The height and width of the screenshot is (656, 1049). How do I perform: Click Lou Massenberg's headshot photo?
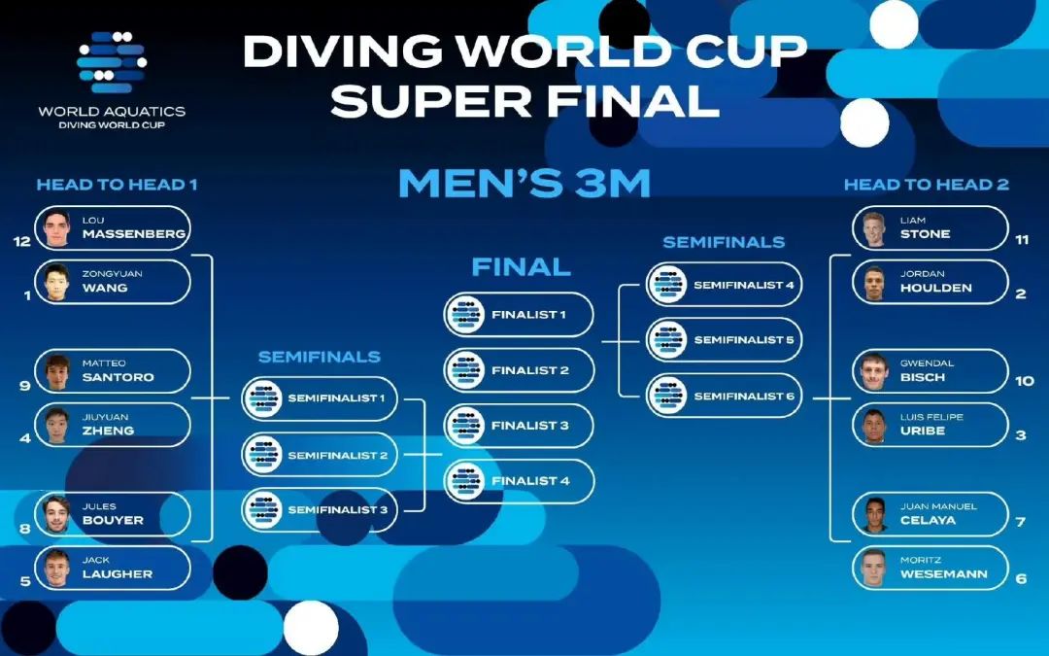(x=57, y=228)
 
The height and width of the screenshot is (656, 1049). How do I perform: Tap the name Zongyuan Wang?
(x=112, y=282)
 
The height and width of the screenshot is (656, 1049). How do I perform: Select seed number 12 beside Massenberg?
(x=22, y=242)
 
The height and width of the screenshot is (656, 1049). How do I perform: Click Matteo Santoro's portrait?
(x=57, y=371)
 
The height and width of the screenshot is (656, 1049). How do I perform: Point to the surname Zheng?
(x=109, y=432)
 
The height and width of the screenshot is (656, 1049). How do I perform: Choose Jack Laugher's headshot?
(x=57, y=569)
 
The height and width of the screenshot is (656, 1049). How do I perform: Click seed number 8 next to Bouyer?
(x=24, y=529)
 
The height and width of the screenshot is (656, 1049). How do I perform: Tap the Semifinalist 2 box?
(x=320, y=455)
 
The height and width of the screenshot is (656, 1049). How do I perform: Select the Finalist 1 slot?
(x=519, y=315)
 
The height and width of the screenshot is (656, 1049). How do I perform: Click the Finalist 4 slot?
(x=519, y=481)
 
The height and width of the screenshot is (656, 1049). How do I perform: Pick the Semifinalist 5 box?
(x=724, y=340)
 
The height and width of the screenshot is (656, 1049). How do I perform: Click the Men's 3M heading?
(x=524, y=184)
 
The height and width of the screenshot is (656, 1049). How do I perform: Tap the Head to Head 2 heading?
(x=927, y=185)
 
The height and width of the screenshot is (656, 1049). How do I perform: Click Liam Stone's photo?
(x=874, y=228)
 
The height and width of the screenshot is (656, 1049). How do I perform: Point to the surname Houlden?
(x=935, y=289)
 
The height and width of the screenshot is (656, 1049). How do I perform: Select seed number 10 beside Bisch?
(x=1025, y=381)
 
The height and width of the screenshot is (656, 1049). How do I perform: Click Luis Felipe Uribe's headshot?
(x=874, y=425)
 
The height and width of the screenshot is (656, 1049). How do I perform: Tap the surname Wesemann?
(x=943, y=574)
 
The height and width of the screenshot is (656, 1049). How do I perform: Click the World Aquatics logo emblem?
(x=112, y=62)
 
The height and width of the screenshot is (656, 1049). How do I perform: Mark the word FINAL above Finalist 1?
(x=522, y=267)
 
